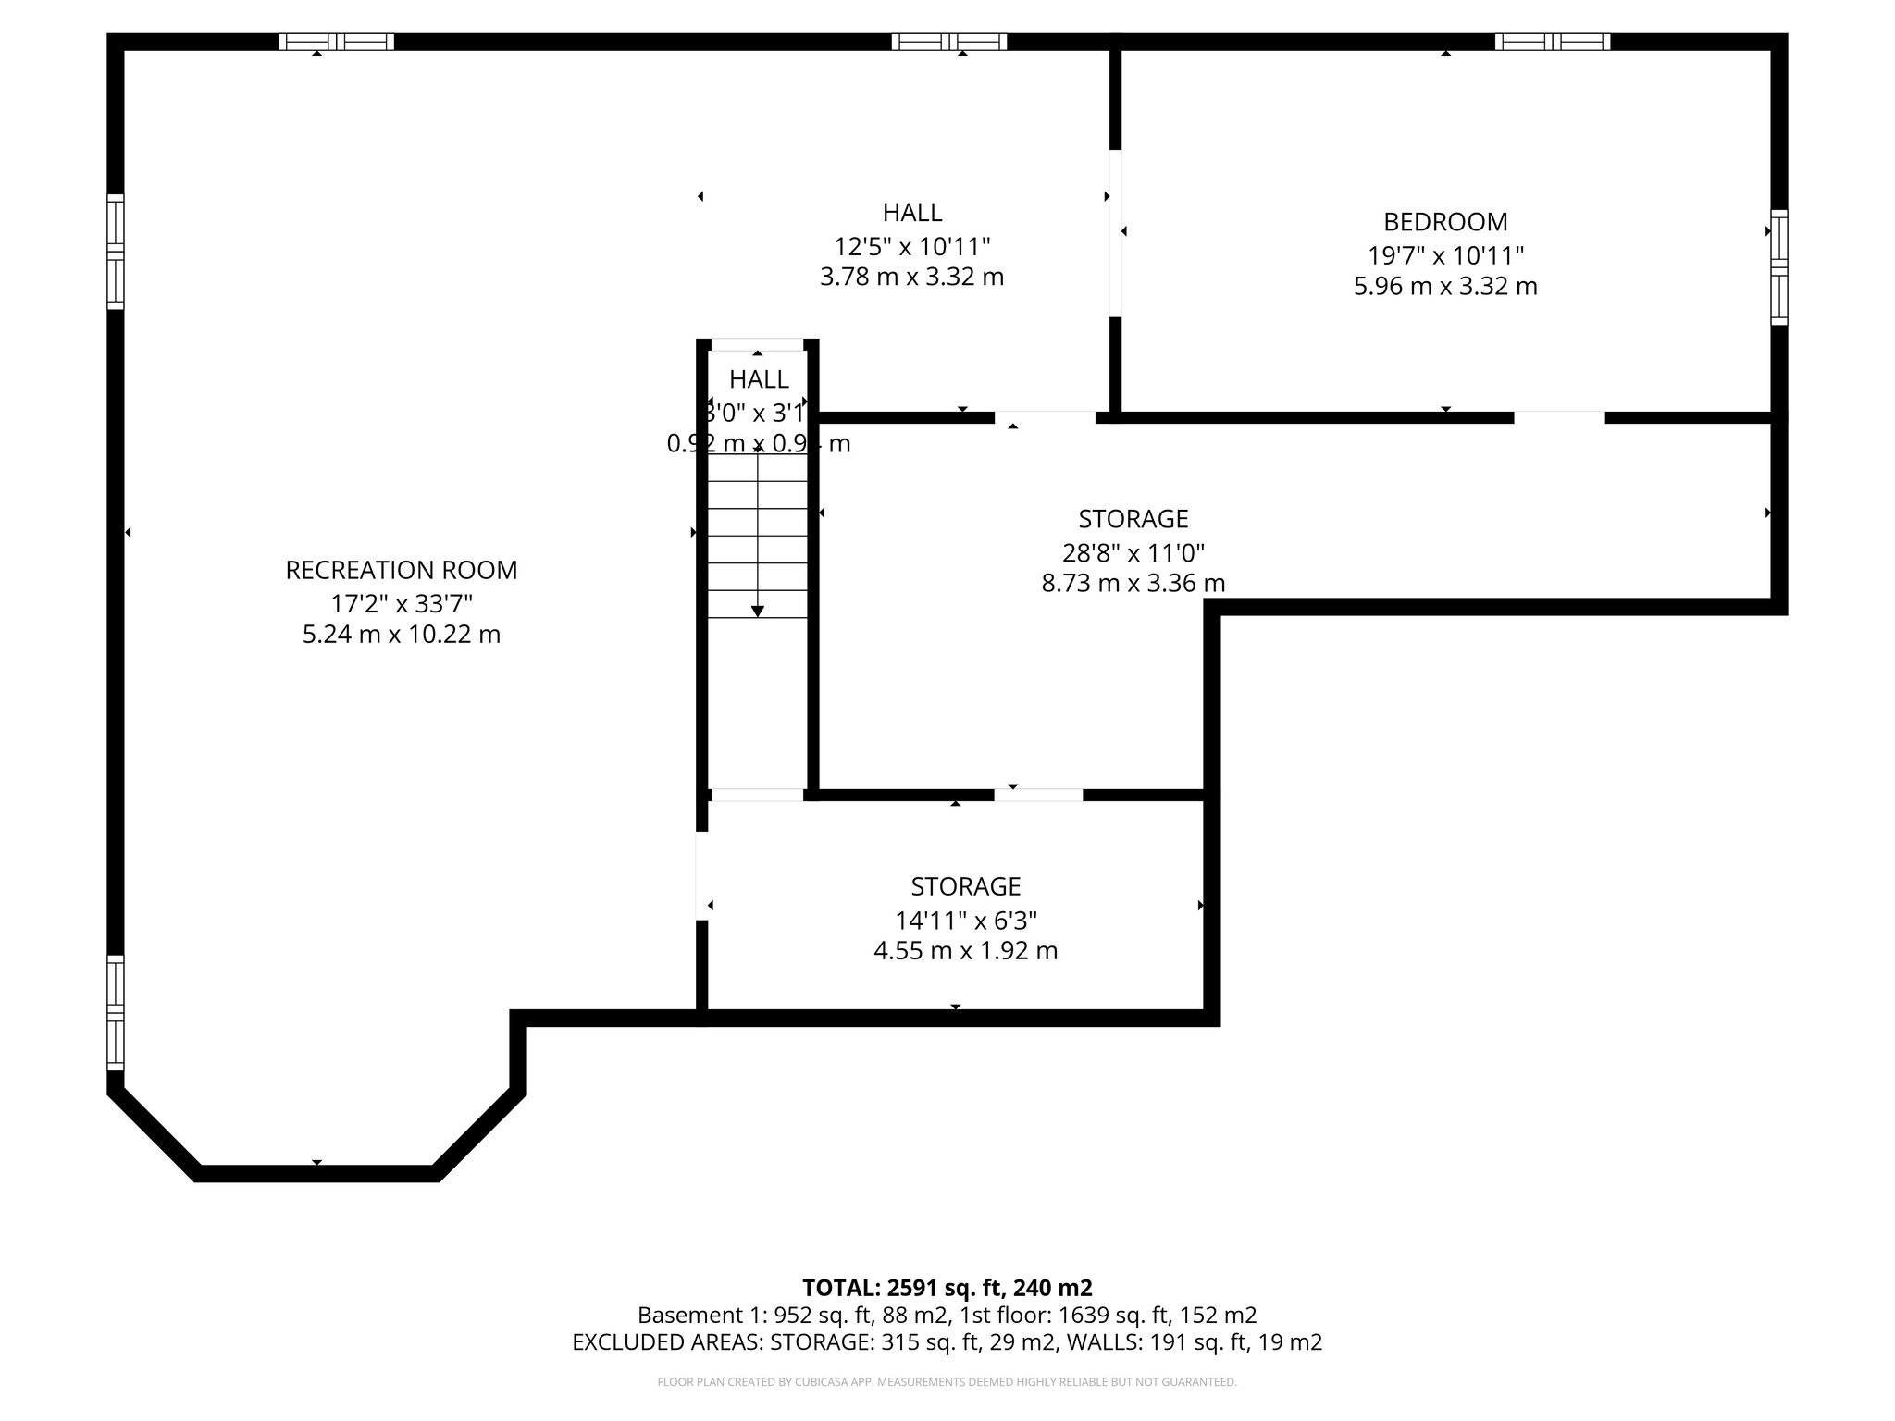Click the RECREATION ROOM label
click(x=401, y=570)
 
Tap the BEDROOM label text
click(x=1445, y=222)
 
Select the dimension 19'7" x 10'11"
click(x=1445, y=254)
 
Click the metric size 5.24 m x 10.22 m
click(x=401, y=635)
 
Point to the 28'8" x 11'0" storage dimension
click(x=1133, y=553)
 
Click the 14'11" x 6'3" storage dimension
click(x=965, y=921)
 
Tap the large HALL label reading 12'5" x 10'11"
click(x=911, y=213)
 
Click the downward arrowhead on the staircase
click(x=758, y=611)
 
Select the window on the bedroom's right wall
click(x=1778, y=266)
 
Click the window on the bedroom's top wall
click(x=1552, y=42)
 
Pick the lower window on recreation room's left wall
click(x=116, y=1013)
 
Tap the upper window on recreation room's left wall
click(x=116, y=252)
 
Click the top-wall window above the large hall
click(x=948, y=42)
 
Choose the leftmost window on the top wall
click(x=336, y=42)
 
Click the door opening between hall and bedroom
click(x=1115, y=233)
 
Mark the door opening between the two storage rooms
click(x=1038, y=795)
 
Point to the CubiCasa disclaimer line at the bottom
click(x=947, y=1382)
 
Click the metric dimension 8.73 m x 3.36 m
click(x=1133, y=583)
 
